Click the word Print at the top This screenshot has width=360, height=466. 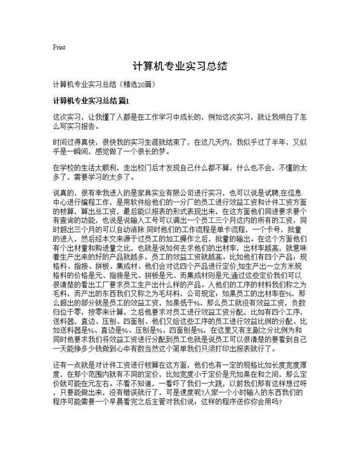click(x=59, y=47)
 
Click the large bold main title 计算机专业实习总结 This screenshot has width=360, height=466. click(x=179, y=67)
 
